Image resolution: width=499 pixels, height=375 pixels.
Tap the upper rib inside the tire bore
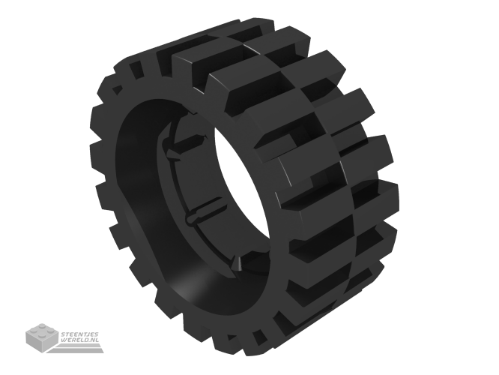pyautogui.click(x=184, y=143)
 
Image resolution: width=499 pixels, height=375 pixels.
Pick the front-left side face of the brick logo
pyautogui.click(x=34, y=340)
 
